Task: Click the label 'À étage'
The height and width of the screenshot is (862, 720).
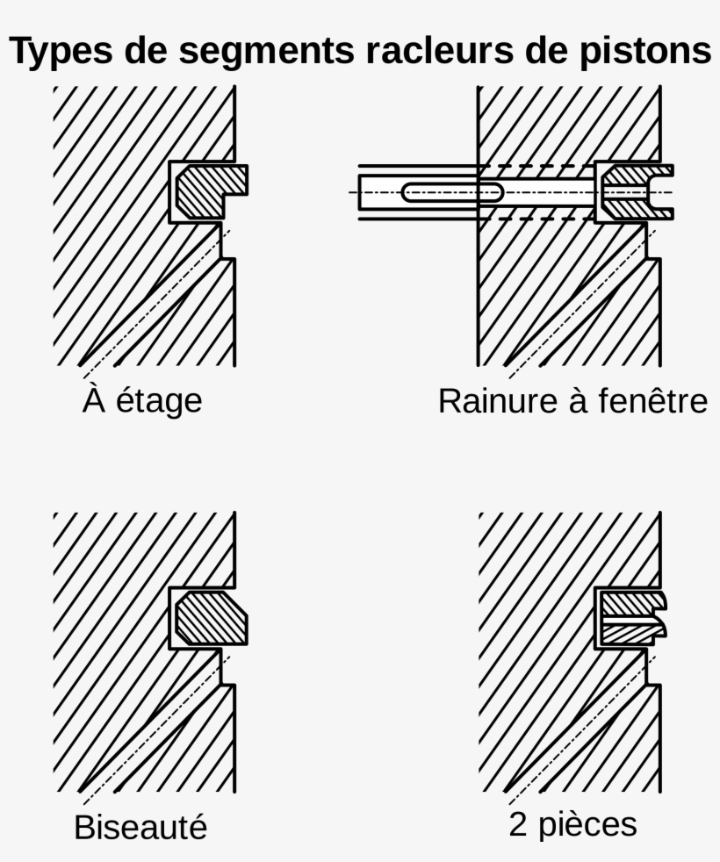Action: click(143, 400)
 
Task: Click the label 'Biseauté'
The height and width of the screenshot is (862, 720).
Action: click(140, 827)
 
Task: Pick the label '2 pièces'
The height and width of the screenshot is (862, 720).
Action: click(572, 825)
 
